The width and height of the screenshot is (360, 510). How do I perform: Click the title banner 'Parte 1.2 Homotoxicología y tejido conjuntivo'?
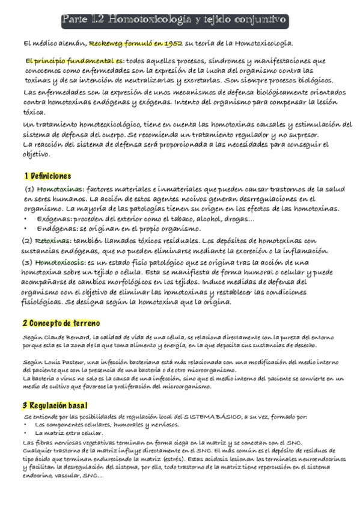click(175, 22)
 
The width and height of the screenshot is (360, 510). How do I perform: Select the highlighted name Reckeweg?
click(107, 43)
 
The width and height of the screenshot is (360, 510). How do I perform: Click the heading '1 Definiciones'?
click(47, 176)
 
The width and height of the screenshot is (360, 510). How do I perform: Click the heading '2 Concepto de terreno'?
click(56, 322)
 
